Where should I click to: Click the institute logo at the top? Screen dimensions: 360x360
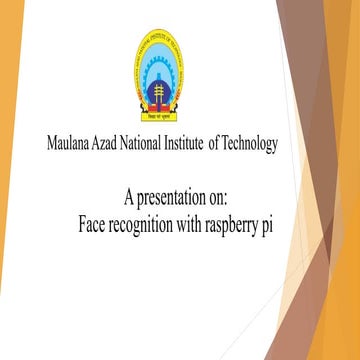click(160, 75)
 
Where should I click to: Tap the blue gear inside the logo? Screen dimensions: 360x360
click(161, 62)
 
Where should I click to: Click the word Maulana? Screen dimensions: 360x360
click(73, 144)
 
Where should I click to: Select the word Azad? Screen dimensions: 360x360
click(118, 144)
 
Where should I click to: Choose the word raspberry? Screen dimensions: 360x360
click(240, 222)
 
